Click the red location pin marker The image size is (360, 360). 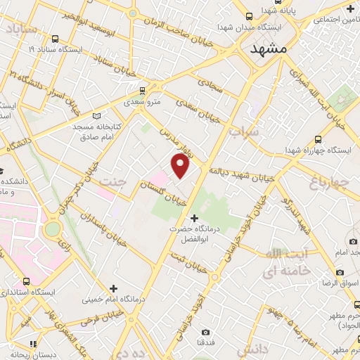point(181,166)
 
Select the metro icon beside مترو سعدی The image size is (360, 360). point(143,90)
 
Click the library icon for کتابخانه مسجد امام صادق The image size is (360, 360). point(96,115)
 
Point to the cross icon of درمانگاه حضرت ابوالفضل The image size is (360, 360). point(195,219)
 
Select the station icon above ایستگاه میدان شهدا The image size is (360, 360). point(250,15)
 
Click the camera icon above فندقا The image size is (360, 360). point(205,332)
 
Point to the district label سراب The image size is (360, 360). point(245,131)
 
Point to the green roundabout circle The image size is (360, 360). point(51,229)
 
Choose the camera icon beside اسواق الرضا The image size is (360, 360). point(340,272)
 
